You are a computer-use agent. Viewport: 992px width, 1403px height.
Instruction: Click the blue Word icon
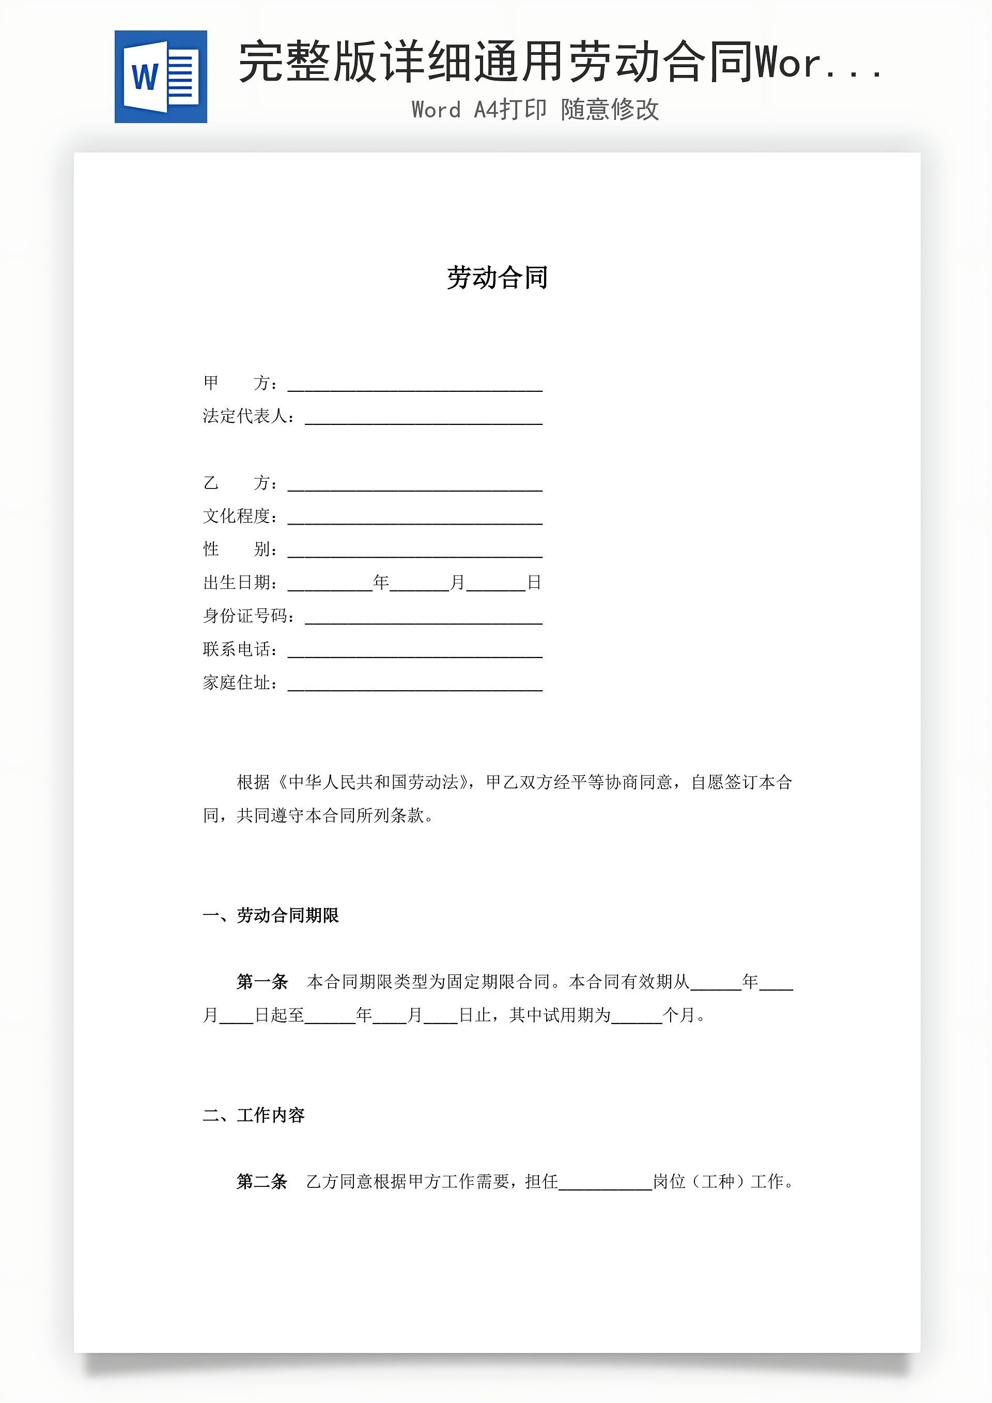point(161,77)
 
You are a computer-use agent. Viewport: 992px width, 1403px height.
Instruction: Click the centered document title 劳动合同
point(497,278)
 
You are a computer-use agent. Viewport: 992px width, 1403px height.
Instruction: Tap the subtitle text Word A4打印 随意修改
point(535,110)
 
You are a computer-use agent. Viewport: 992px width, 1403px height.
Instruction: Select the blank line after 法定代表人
point(423,419)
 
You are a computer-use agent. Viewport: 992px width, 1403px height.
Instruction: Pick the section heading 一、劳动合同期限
point(271,916)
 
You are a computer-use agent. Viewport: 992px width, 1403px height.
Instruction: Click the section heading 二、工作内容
point(254,1115)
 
